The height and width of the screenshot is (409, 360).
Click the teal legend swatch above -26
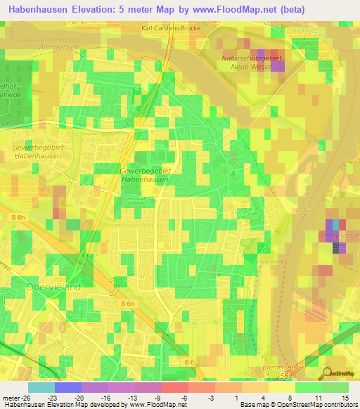click(x=41, y=387)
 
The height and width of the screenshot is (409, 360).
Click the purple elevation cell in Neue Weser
click(x=278, y=65)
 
